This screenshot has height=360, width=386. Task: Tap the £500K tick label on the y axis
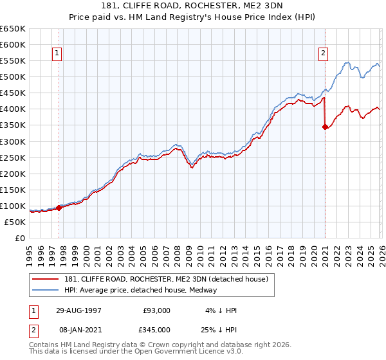click(12, 77)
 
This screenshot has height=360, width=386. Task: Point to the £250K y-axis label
click(12, 157)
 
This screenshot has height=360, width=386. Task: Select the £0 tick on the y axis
click(20, 239)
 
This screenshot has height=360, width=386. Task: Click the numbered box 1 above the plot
click(58, 54)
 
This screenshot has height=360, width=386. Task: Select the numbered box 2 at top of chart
click(323, 54)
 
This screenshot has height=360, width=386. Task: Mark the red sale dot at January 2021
click(325, 127)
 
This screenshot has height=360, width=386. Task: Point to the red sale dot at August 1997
click(59, 208)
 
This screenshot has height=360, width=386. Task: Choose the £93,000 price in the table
click(156, 310)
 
